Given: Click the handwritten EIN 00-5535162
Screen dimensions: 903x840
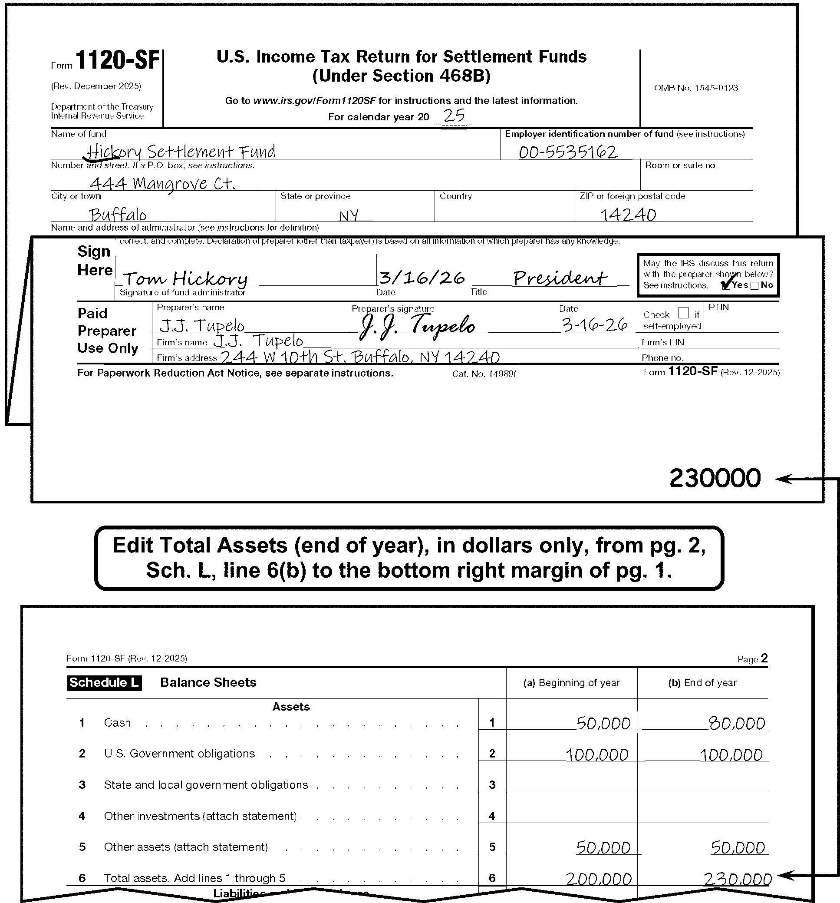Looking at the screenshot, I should coord(568,152).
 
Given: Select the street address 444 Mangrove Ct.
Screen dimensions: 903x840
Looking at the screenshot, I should coord(162,183).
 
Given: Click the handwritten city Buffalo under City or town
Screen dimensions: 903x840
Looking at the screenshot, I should coord(118,215).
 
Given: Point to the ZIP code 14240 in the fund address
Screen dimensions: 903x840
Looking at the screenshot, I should coord(628,215).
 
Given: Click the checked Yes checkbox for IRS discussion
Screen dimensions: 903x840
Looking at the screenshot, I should coord(725,285).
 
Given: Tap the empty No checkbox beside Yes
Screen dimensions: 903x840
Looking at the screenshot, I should coord(754,286).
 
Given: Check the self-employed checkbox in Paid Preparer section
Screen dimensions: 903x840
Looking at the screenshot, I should coord(683,313).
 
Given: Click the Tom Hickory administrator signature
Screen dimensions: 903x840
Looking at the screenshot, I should coord(185,278).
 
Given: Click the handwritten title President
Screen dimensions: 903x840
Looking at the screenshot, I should coord(560,278).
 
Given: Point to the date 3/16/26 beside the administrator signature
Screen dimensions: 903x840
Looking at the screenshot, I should coord(422,278).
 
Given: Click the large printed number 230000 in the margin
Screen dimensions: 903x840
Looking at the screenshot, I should coord(715,478).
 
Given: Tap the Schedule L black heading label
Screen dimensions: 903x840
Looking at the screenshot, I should coord(104,683).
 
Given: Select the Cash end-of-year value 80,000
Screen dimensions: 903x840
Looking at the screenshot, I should coord(737,723).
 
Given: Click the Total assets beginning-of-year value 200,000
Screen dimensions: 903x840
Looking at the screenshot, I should coord(599,880).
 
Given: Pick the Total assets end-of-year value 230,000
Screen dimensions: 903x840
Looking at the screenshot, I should coord(738,880).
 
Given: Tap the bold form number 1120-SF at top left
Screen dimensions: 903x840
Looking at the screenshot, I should coord(118,60).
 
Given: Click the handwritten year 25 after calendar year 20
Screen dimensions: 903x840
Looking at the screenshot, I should coord(454,116).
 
